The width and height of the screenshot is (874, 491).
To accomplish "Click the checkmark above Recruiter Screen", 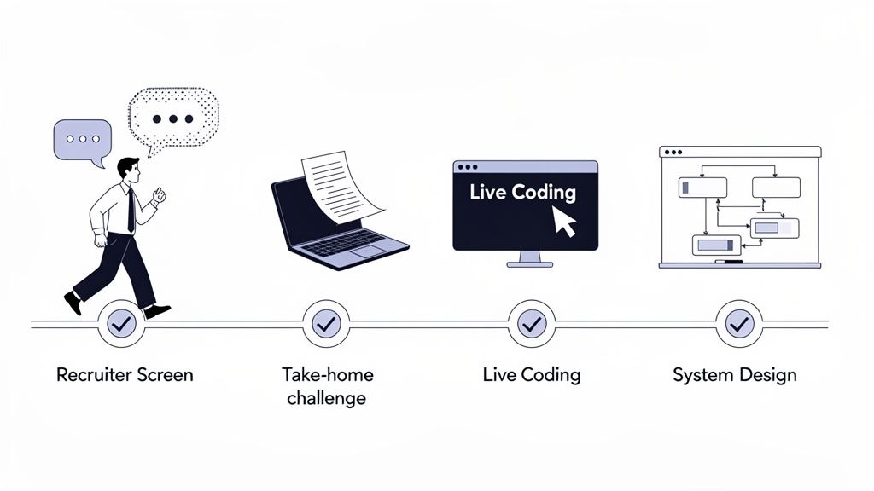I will [x=121, y=324].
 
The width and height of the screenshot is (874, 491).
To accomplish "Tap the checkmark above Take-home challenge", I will [x=327, y=324].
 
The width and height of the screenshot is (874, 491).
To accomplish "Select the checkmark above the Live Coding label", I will [x=532, y=324].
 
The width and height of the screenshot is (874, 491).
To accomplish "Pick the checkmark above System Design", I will [x=738, y=324].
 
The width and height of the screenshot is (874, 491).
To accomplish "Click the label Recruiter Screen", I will [x=125, y=375].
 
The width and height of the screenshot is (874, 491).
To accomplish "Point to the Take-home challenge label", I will [x=327, y=386].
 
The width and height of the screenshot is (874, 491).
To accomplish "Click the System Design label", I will [x=735, y=375].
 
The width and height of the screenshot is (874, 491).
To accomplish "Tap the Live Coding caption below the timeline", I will [x=531, y=375].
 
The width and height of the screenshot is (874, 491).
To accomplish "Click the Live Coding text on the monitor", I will [x=522, y=192].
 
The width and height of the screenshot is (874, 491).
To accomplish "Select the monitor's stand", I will [x=529, y=258].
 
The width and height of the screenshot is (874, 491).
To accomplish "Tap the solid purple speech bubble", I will [x=82, y=139].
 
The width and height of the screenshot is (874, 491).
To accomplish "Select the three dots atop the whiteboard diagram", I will [x=673, y=153].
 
